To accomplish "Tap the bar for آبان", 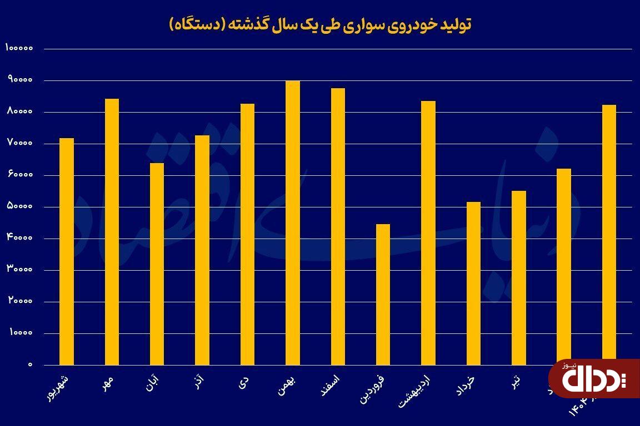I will coord(157,264).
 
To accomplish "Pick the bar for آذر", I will coord(202,250).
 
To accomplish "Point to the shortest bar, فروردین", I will coord(383,295).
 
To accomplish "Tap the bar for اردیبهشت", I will coord(428,233).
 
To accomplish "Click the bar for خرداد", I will coord(473,283).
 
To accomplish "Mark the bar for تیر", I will coord(519,278).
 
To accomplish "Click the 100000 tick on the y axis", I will coord(20,48).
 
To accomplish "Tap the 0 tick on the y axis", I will coord(31,365).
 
